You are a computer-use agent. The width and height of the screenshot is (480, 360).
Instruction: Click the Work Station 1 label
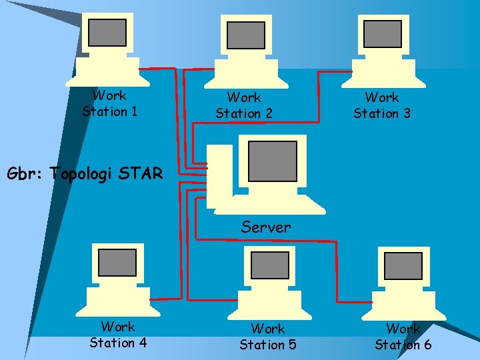[110, 103]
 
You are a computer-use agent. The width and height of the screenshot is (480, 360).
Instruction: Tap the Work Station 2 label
[244, 105]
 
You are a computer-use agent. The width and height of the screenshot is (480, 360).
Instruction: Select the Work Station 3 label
[382, 105]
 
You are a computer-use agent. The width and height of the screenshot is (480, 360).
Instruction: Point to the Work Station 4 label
[118, 335]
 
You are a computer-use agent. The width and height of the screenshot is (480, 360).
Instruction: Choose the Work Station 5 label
[268, 337]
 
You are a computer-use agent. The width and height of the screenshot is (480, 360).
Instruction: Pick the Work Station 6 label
[403, 337]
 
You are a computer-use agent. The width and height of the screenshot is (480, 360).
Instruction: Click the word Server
[266, 227]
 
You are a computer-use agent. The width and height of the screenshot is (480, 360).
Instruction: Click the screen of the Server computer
[272, 161]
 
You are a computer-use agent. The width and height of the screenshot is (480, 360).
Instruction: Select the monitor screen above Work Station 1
[107, 32]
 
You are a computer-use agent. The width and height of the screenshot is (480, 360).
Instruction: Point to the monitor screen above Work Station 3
[383, 34]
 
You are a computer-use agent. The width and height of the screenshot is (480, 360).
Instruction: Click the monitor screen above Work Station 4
[117, 263]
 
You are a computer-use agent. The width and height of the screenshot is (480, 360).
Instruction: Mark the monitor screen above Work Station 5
[269, 265]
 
